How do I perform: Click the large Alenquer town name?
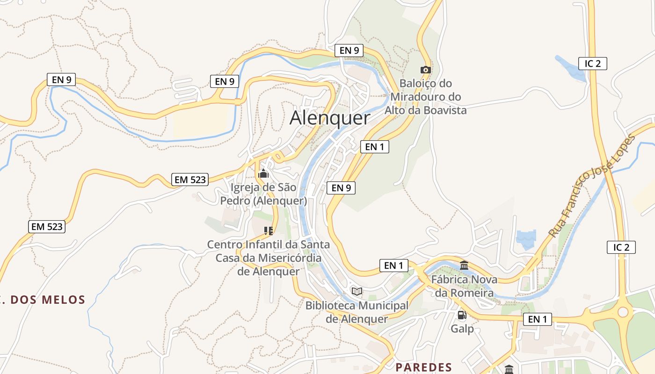[x=330, y=118]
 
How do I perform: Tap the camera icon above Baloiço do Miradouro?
[x=425, y=70]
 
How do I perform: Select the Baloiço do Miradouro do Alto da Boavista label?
[x=425, y=97]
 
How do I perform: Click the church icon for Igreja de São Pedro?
[x=263, y=174]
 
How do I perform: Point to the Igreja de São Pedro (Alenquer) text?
[x=264, y=194]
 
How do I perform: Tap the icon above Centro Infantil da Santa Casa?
[x=268, y=230]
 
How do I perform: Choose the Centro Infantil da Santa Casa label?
[x=269, y=258]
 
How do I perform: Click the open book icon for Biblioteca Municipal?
[x=357, y=291]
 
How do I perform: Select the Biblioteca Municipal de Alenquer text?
[x=357, y=312]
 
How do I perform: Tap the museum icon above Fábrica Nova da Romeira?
[x=464, y=266]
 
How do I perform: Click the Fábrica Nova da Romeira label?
[x=464, y=286]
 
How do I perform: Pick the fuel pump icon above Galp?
[x=462, y=315]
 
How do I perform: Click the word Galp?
[x=462, y=329]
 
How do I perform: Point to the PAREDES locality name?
[x=424, y=367]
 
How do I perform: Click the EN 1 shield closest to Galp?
[x=537, y=319]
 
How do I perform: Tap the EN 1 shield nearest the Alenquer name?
[x=374, y=147]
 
